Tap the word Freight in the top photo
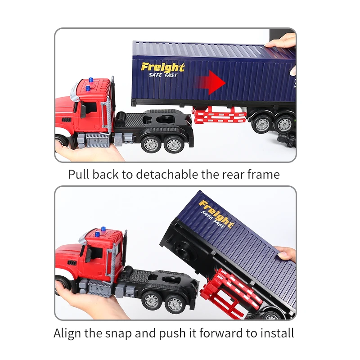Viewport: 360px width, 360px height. [x=162, y=67]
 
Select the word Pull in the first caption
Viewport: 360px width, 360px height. [x=79, y=174]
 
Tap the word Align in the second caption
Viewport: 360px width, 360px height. [x=67, y=333]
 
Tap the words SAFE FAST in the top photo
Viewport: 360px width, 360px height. [x=162, y=75]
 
